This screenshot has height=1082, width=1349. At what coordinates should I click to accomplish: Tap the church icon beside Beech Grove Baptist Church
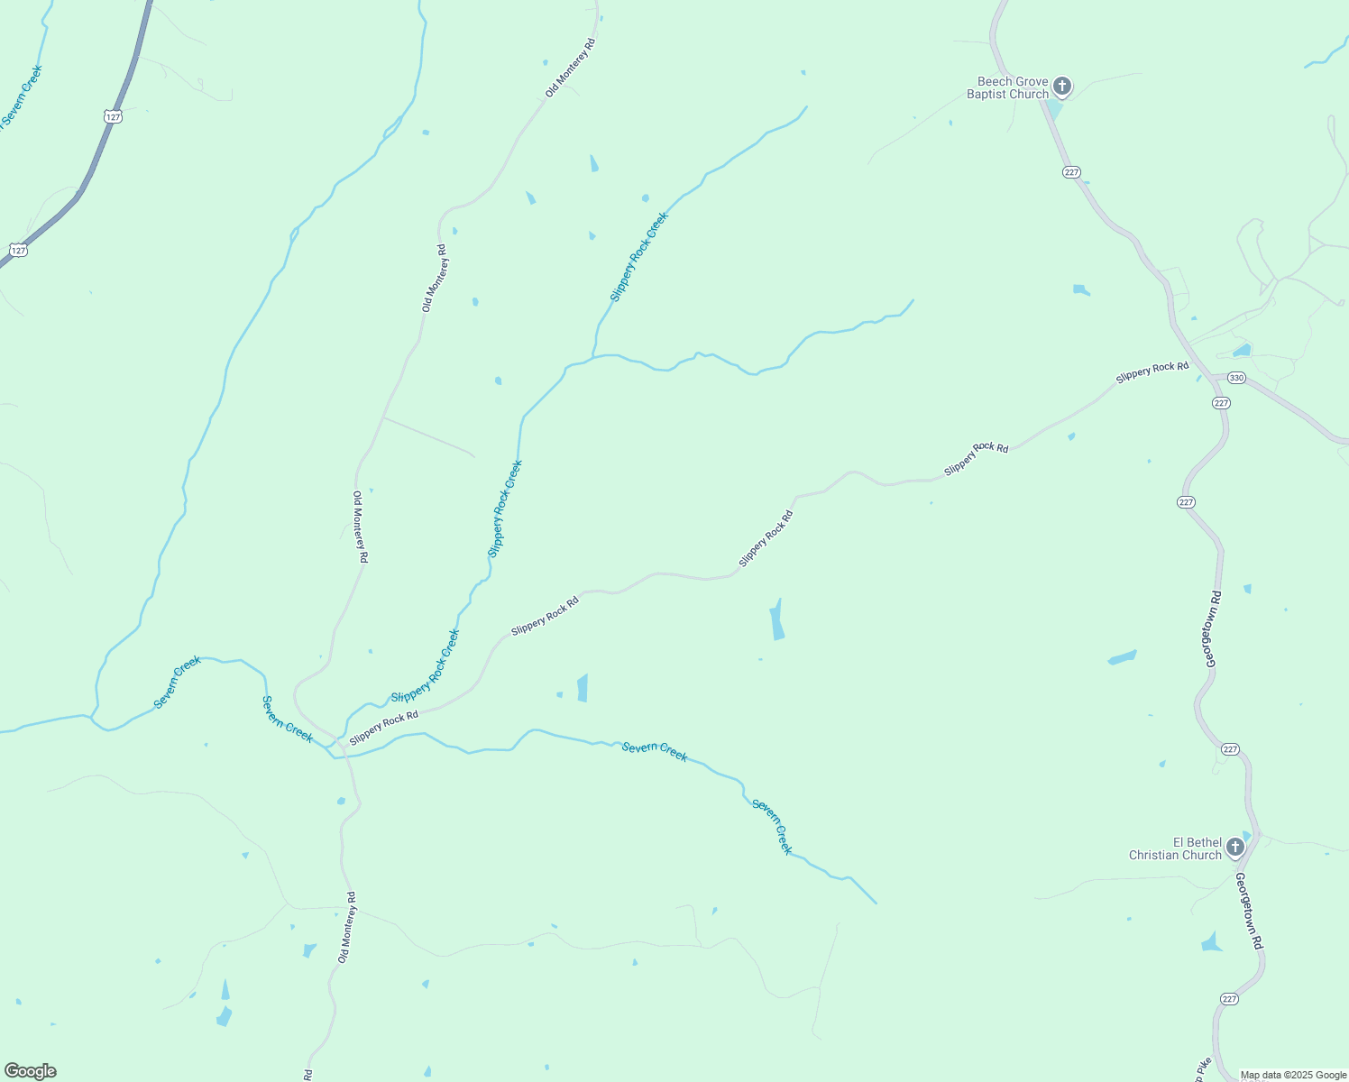pos(1062,87)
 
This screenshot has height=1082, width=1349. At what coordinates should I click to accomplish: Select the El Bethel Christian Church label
pos(1175,848)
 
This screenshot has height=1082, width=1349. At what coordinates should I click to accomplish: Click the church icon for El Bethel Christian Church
pos(1234,848)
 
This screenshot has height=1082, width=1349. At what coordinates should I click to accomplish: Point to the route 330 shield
pos(1236,378)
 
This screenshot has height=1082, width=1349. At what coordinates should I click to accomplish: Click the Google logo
pos(31,1071)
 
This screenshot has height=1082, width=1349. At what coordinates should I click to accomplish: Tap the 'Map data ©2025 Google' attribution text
pos(1293,1075)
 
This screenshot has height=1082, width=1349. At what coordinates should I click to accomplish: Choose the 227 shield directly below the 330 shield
pos(1221,403)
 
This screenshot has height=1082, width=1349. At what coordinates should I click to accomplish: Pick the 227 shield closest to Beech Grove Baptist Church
pos(1071,172)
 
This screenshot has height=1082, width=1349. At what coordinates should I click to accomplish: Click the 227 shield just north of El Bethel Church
pos(1231,749)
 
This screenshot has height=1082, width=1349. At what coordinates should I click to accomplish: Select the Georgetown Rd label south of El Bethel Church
pos(1249,911)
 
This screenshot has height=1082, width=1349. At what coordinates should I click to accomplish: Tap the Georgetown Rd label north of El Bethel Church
pos(1213,629)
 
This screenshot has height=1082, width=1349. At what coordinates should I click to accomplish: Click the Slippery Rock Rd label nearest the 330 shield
pos(1152,372)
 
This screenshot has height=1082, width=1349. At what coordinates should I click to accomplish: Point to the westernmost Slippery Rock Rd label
pos(384,728)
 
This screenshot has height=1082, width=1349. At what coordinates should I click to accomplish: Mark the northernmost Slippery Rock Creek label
pos(638,257)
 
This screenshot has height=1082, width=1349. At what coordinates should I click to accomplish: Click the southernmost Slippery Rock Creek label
pos(425,667)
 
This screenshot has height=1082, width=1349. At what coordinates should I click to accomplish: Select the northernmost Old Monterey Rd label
pos(570,69)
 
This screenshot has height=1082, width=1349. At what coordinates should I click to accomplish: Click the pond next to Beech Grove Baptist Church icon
pos(1053,109)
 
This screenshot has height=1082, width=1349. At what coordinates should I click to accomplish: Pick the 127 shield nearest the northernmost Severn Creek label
pos(113,117)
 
